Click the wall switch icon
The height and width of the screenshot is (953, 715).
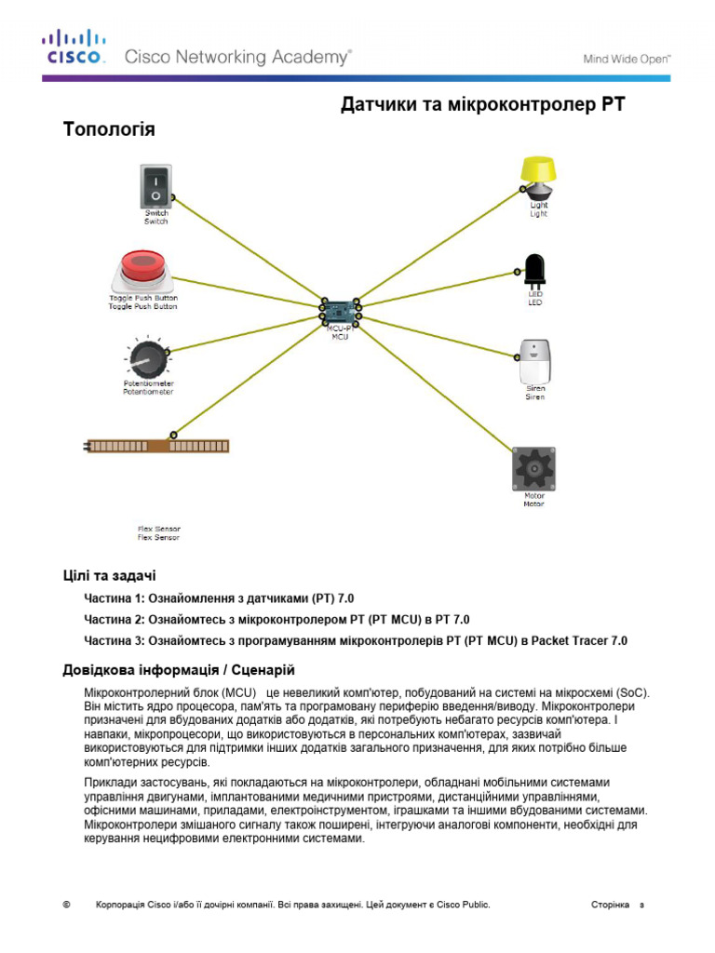coord(156,185)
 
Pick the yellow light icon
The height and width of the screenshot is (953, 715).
coord(537,178)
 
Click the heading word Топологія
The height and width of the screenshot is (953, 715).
coord(109,129)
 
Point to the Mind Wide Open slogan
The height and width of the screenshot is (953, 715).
coord(627,58)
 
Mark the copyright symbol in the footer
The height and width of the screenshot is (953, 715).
coord(66,905)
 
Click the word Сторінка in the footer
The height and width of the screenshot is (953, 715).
coord(610,905)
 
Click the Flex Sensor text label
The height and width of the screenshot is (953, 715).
coord(158,533)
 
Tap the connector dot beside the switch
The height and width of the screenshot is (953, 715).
coord(174,197)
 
